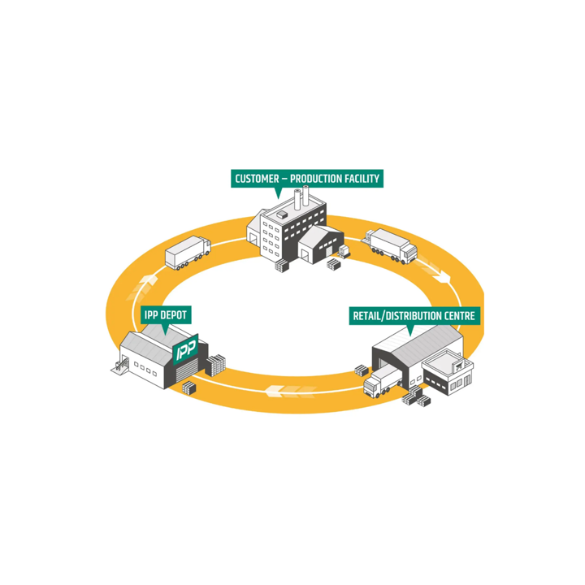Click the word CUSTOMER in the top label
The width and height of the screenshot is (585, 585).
point(255,179)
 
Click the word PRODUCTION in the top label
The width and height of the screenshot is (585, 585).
point(316,179)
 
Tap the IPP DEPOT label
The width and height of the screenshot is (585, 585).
point(167,314)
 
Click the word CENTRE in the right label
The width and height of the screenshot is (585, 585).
point(462,314)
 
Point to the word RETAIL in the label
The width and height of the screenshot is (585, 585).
point(370,314)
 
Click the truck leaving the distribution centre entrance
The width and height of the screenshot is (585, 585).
point(380,382)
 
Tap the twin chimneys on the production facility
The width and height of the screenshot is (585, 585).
point(302,197)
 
